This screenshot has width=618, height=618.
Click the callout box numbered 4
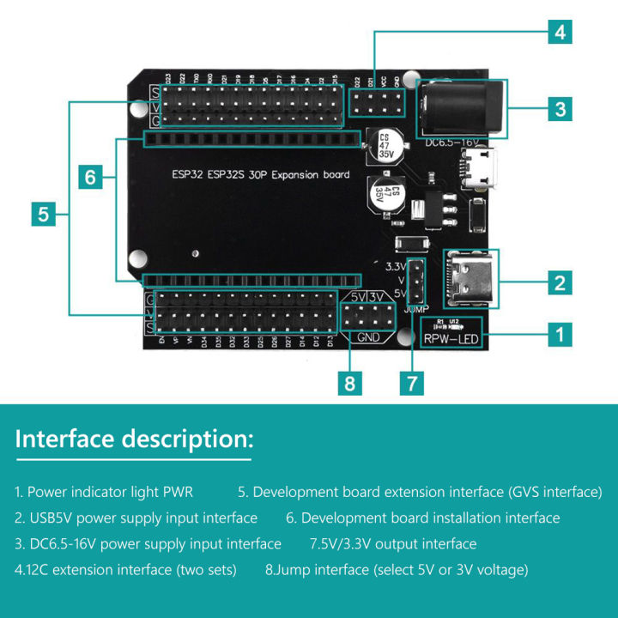click(560, 33)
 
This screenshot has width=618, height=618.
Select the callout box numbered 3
click(560, 109)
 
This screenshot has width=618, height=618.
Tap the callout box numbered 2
click(560, 282)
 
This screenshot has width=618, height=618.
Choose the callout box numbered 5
click(45, 214)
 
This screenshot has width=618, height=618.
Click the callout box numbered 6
click(91, 178)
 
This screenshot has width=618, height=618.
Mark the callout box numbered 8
click(349, 382)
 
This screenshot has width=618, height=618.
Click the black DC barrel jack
click(451, 107)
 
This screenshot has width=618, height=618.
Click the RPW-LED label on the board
click(452, 339)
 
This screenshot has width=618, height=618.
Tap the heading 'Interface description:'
click(135, 439)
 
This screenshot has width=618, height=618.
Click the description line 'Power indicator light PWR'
click(104, 493)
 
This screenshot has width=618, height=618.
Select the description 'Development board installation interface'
click(422, 518)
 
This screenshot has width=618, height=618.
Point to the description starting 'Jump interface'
click(396, 570)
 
